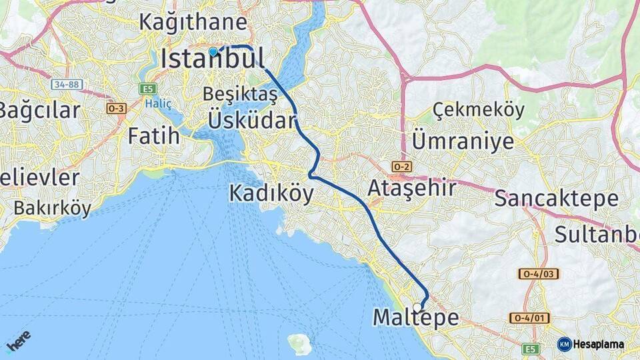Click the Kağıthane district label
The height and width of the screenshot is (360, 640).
[193, 22]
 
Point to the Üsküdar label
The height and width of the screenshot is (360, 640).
[251, 121]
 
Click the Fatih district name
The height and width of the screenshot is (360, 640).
[154, 137]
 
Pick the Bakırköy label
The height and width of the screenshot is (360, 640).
[52, 208]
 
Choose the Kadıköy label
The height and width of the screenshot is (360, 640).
[271, 193]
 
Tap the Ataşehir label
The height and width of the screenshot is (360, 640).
[412, 189]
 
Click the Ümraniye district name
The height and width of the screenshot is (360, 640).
[463, 141]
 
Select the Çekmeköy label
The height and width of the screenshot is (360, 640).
[479, 110]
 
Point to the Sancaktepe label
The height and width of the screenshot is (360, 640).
[556, 198]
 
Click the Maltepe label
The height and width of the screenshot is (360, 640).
[415, 318]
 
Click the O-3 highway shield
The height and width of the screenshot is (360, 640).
[116, 108]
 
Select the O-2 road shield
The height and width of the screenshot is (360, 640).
[401, 166]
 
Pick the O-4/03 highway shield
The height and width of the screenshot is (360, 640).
[539, 274]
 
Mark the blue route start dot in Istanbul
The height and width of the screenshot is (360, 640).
[213, 51]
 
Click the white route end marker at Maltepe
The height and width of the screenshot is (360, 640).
[417, 307]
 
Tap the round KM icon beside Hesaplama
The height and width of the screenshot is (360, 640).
[564, 344]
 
